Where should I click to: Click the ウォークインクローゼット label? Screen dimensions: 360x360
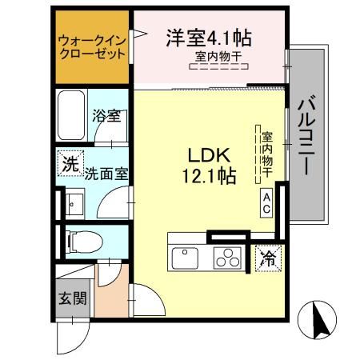pos(92,49)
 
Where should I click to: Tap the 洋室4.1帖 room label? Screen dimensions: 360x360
pos(209,38)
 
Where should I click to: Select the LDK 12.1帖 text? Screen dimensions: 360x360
pos(210,165)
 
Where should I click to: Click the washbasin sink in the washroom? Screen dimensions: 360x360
pos(74,204)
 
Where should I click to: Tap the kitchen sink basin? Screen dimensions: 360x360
pos(186,258)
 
